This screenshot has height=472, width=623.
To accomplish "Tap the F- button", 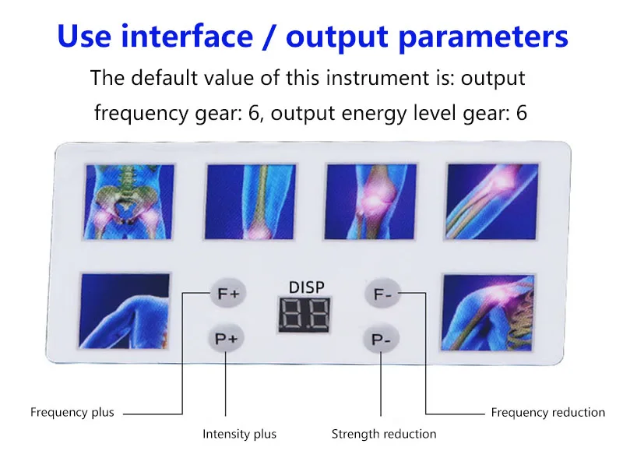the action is tap(382, 294).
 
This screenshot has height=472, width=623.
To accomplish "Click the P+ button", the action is tap(226, 338).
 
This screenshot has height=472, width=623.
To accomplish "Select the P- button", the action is tap(381, 339).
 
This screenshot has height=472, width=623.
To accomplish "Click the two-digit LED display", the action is tap(304, 314).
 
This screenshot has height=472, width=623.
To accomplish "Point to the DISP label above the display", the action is tap(306, 287).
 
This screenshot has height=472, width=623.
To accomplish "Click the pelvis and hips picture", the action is tap(128, 202).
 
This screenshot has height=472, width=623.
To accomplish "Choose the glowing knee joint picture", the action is tap(371, 202).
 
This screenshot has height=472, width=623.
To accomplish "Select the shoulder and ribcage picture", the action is tap(487, 312).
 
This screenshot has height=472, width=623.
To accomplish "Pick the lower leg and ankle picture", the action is tap(250, 202).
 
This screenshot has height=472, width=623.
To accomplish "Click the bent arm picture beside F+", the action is tap(125, 311).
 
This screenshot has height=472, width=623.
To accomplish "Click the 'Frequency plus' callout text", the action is tap(72, 412).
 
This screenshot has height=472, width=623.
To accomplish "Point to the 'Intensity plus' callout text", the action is tap(239, 434).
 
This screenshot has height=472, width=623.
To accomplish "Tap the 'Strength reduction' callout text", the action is tap(384, 434).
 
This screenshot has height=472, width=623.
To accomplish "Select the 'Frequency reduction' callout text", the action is tap(548, 412).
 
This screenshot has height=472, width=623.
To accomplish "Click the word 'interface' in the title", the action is tap(187, 36).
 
